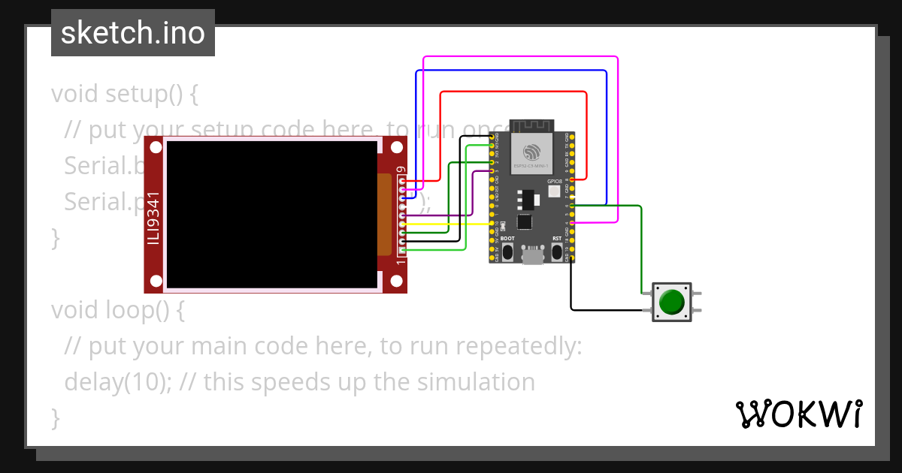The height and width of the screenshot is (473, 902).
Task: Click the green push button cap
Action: click(671, 302)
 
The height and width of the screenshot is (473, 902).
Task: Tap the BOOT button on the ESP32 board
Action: click(508, 252)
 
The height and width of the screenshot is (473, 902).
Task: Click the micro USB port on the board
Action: click(533, 257)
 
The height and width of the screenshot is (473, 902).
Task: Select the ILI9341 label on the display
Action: click(153, 216)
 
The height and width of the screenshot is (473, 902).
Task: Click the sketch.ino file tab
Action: click(133, 33)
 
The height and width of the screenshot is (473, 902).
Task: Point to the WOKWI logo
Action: click(798, 414)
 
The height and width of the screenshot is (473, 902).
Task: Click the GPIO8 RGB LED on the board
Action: click(555, 191)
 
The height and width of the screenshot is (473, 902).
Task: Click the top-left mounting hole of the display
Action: click(156, 147)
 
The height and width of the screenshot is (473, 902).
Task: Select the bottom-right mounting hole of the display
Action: click(396, 282)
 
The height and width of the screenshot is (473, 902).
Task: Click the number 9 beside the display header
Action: click(401, 170)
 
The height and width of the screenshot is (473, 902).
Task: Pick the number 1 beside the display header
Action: click(401, 261)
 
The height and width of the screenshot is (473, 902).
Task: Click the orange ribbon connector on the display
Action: click(385, 214)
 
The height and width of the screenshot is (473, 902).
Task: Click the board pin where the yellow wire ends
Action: click(492, 223)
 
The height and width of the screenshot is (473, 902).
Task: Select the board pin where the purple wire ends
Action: click(492, 171)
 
